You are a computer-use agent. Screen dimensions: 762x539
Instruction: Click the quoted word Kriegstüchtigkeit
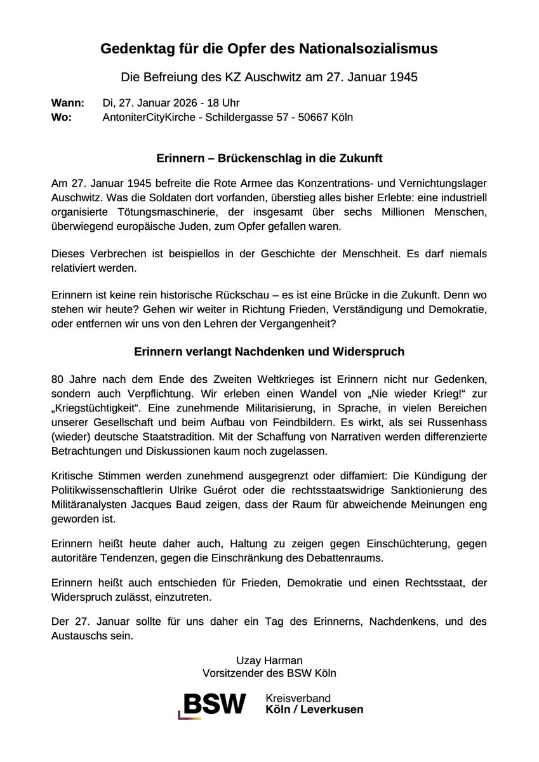pos(96,408)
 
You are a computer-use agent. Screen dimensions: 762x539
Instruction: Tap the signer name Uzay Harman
pos(269,660)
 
